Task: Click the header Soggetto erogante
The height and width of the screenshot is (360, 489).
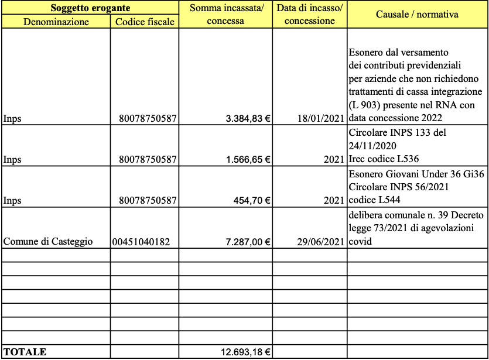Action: point(90,8)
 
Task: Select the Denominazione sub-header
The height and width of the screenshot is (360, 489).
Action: point(56,22)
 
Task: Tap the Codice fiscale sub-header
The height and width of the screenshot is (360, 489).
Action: point(145,22)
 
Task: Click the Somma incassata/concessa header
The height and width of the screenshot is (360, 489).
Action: point(225,14)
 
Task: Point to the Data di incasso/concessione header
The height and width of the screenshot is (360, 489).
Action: point(309,14)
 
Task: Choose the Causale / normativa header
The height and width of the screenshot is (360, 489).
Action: point(417,14)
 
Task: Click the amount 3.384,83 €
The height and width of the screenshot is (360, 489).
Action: point(248,119)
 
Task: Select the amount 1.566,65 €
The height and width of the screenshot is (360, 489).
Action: point(248,159)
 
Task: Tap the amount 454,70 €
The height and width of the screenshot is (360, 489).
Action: point(252,200)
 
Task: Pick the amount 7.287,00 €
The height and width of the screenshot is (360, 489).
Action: point(248,241)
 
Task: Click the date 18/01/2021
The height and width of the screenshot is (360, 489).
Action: point(320,119)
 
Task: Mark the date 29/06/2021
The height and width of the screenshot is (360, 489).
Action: point(320,241)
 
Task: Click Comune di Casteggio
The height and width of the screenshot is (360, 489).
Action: point(48,241)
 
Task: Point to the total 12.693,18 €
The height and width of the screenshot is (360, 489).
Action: point(245,352)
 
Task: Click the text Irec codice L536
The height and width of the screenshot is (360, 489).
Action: point(384,159)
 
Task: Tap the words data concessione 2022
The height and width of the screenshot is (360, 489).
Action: point(394,118)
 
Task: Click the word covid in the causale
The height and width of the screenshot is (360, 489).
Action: point(359,241)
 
